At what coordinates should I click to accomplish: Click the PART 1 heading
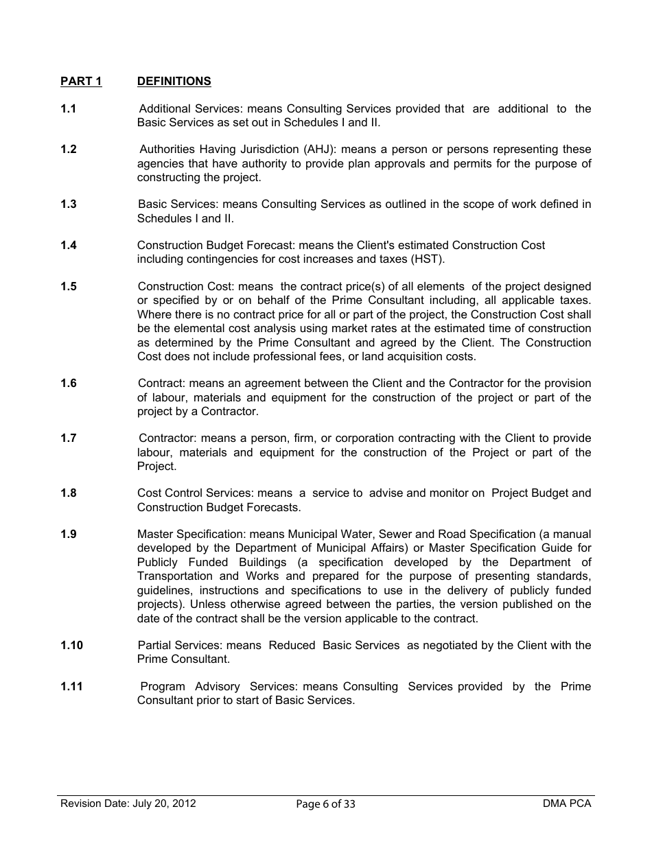[x=81, y=82]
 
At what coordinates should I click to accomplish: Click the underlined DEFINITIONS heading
[x=174, y=82]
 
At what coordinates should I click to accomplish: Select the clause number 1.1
[x=68, y=109]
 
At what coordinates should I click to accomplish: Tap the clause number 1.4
[x=68, y=246]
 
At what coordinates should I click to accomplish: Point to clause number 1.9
[x=68, y=534]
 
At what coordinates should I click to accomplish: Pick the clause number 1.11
[x=71, y=686]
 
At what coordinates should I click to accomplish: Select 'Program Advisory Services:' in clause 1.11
[x=219, y=686]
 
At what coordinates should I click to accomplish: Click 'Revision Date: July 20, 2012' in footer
[x=128, y=804]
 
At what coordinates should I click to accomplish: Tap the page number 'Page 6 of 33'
[x=326, y=804]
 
